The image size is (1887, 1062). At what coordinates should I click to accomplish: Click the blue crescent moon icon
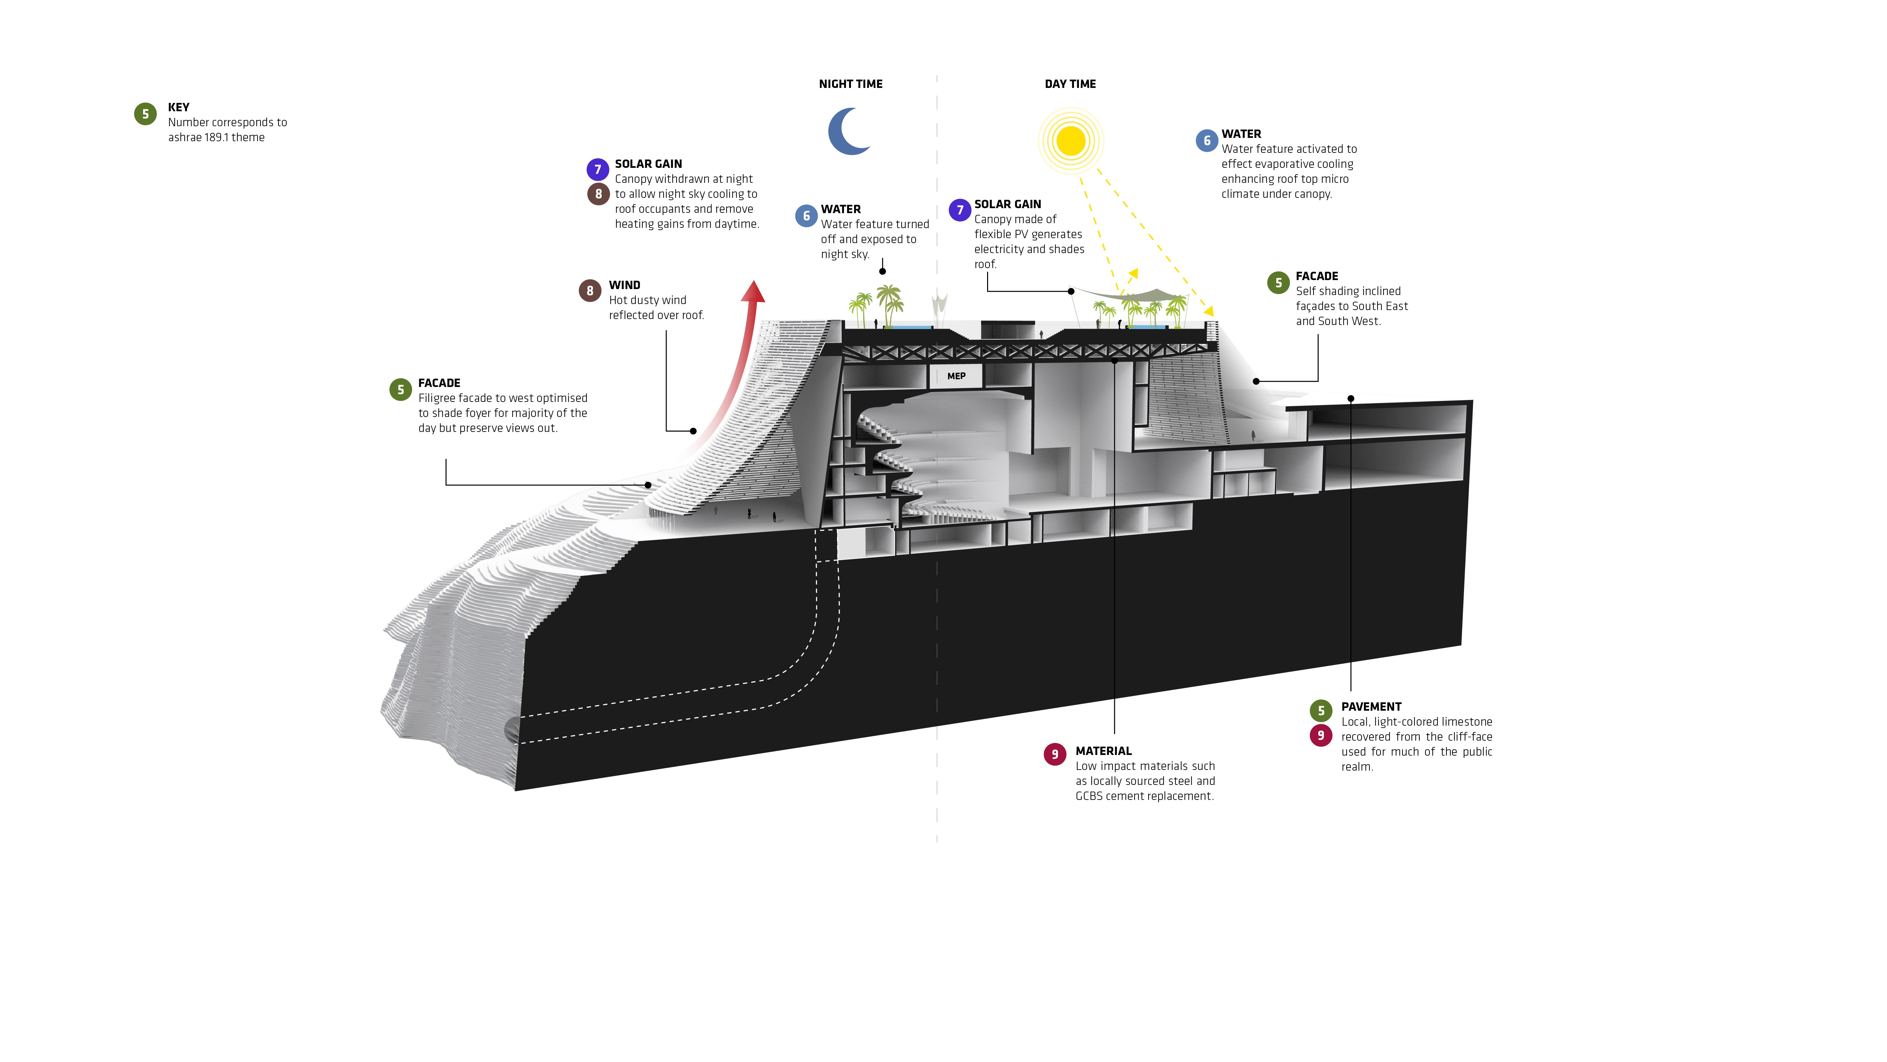[846, 132]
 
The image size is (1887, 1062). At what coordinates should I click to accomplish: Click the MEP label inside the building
[956, 376]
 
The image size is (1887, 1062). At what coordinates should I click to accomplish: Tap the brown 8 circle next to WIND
[590, 291]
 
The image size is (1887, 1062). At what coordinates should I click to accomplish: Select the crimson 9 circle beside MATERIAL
[1055, 754]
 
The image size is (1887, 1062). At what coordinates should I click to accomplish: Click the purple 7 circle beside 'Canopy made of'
[959, 210]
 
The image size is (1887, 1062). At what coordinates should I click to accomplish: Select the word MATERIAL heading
[1103, 751]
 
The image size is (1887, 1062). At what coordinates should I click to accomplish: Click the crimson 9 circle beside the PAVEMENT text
[1321, 735]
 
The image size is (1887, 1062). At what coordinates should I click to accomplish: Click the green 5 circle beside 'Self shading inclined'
[1278, 283]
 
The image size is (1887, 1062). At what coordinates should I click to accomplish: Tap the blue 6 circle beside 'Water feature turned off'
[806, 216]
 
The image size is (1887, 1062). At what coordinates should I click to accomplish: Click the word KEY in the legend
[179, 107]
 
